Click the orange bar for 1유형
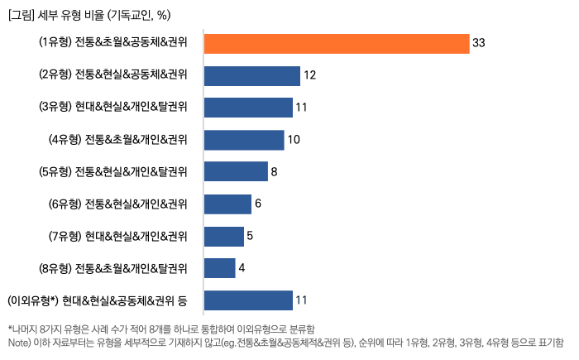[336, 43]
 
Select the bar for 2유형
[251, 75]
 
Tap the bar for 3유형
[247, 108]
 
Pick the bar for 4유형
[243, 140]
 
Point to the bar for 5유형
[235, 172]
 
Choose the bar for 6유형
[227, 204]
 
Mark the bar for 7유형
[223, 237]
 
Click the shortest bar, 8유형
[219, 268]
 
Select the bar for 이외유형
[247, 300]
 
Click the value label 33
[478, 43]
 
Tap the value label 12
[310, 75]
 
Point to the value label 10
[294, 140]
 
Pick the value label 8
[274, 172]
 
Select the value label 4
[242, 268]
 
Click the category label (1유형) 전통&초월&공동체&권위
[112, 43]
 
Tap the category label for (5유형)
[112, 172]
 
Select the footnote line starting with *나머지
[161, 329]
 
